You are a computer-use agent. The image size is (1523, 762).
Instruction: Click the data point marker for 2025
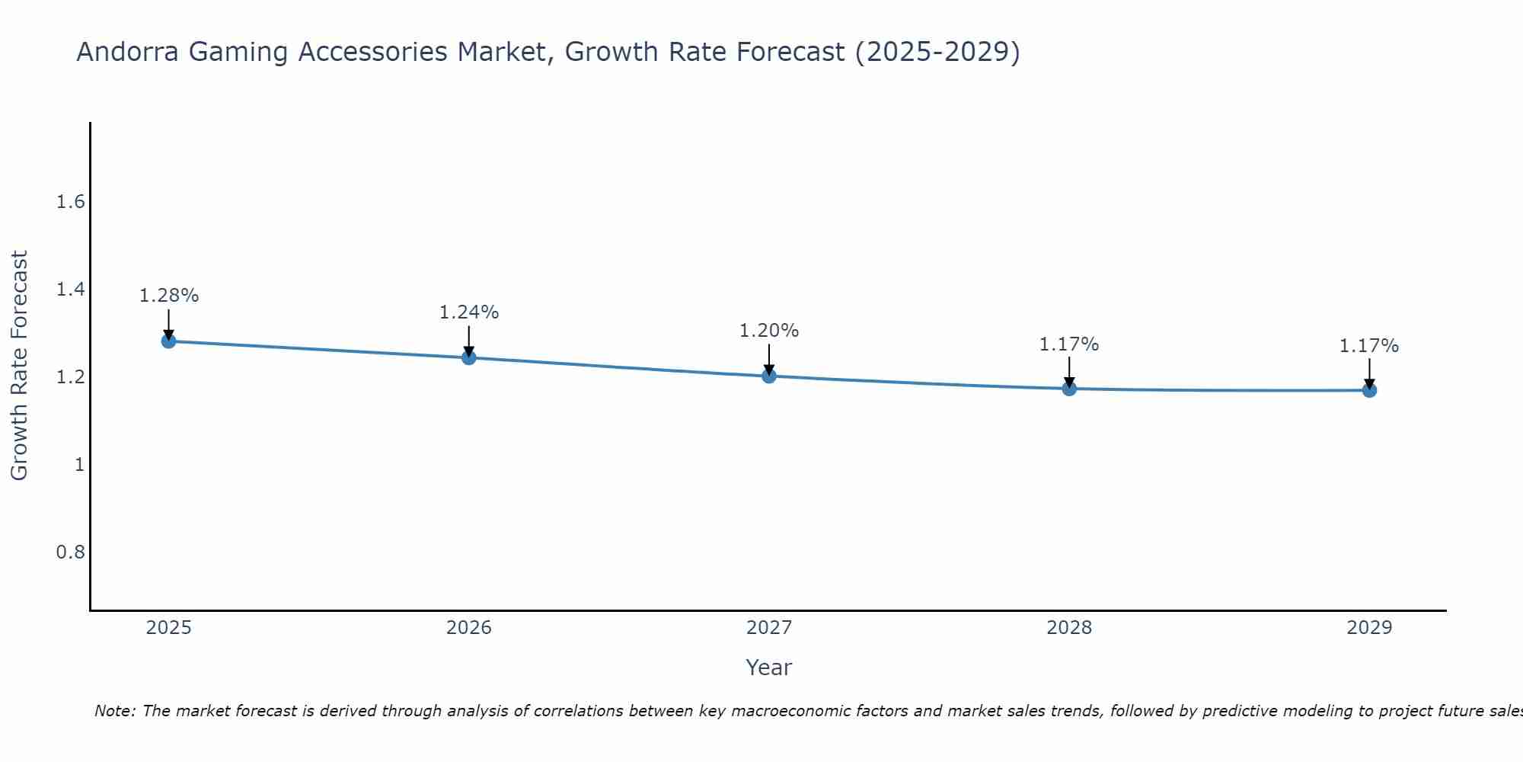(x=169, y=341)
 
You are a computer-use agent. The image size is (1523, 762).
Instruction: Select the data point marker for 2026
(x=469, y=357)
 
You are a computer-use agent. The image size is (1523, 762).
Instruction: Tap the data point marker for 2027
(x=769, y=376)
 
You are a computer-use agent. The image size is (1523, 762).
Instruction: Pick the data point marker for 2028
(x=1069, y=389)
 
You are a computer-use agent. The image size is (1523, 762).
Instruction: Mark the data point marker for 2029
(x=1369, y=390)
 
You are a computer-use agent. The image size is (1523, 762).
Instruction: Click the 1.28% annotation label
(x=169, y=296)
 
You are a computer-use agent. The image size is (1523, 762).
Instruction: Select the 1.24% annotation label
(x=469, y=312)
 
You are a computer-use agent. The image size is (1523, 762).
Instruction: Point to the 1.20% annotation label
(x=769, y=331)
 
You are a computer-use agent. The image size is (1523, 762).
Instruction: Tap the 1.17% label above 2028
(x=1069, y=344)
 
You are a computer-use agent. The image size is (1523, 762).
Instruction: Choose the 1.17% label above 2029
(x=1369, y=346)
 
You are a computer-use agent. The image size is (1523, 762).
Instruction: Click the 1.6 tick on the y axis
(x=71, y=202)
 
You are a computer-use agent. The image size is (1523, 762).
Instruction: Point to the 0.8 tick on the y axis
(x=71, y=552)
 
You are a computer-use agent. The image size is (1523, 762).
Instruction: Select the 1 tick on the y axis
(x=79, y=464)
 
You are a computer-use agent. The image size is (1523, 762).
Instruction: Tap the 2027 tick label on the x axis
(x=769, y=628)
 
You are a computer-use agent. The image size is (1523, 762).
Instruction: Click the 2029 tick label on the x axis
(x=1369, y=628)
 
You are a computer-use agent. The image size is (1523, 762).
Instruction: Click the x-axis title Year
(x=769, y=668)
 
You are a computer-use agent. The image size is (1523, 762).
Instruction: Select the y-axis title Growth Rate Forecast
(x=20, y=366)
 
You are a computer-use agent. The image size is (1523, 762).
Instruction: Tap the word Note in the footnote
(x=113, y=711)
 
